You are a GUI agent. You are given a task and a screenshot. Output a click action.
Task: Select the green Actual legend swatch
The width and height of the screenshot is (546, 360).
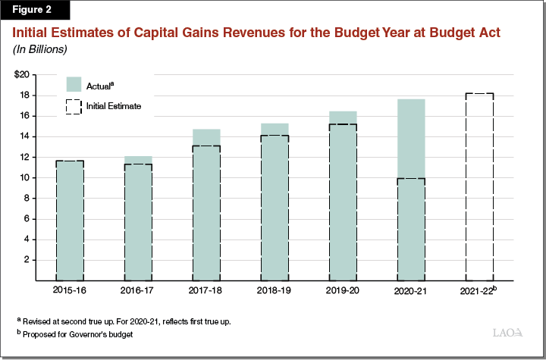pos(74,85)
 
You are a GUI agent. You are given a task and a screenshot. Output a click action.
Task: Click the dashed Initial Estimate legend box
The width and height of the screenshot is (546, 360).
pos(74,107)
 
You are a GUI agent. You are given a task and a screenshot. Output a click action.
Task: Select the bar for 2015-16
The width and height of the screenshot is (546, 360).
pos(69,220)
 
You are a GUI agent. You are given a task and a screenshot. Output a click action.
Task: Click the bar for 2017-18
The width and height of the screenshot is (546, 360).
pos(206,205)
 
